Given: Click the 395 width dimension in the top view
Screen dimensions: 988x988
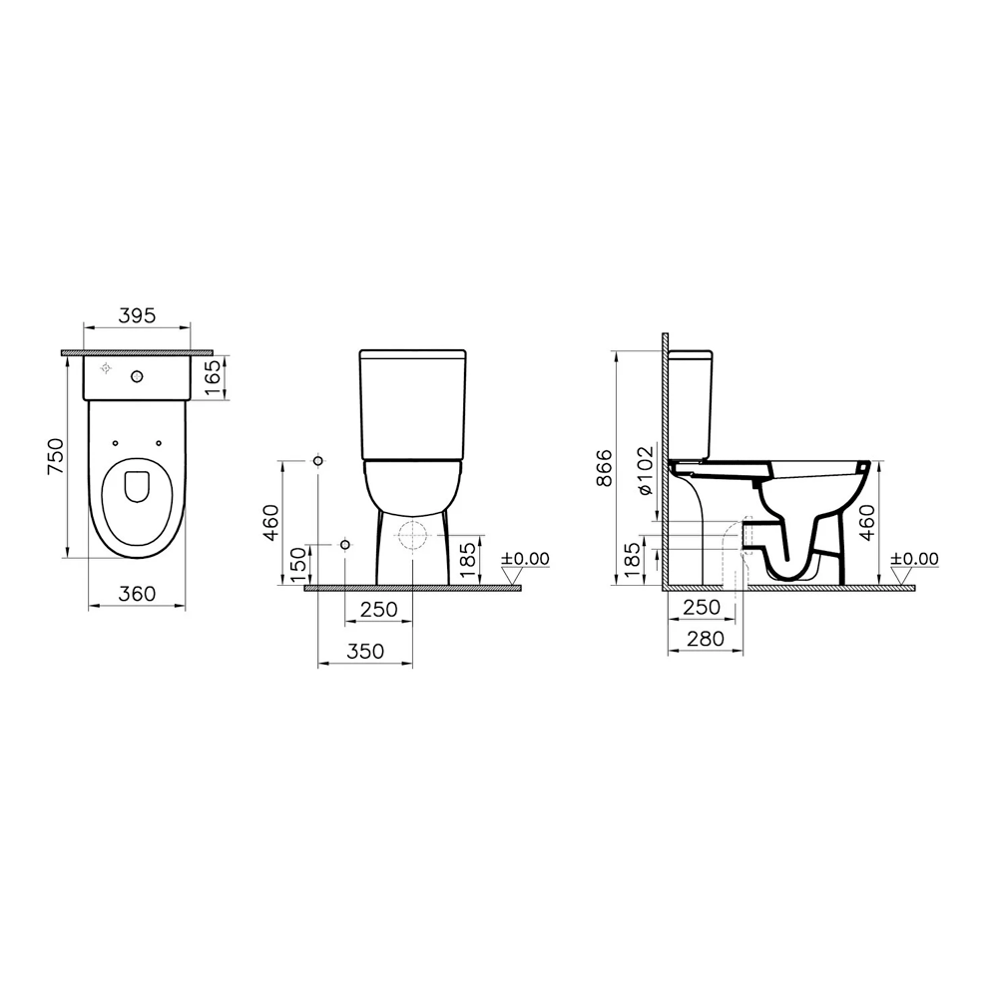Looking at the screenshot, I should click(x=137, y=314).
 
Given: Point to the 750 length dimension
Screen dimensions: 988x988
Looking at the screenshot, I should click(x=58, y=457).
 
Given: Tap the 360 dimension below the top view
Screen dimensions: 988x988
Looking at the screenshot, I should click(x=137, y=594).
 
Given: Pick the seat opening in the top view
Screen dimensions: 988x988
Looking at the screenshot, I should click(x=137, y=486).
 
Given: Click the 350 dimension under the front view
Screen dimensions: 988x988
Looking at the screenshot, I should click(x=364, y=652).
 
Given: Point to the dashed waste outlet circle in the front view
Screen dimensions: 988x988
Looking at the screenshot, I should click(x=411, y=535).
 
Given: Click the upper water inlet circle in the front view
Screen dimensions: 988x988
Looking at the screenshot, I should click(x=317, y=460).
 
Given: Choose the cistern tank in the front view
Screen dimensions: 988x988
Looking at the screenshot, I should click(x=412, y=404).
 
